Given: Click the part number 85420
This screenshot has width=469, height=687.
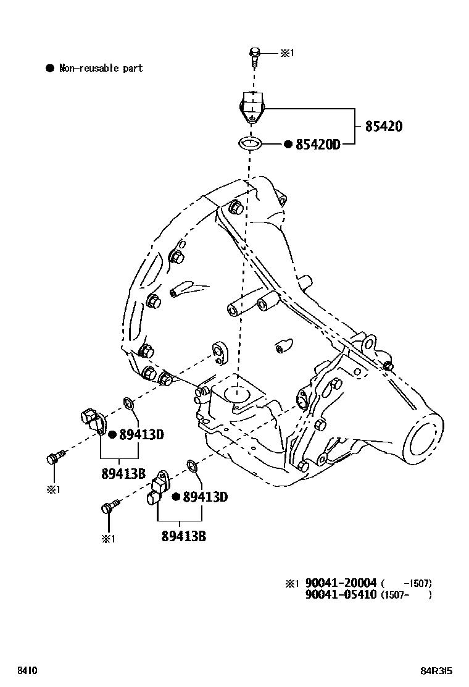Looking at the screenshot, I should [x=383, y=127].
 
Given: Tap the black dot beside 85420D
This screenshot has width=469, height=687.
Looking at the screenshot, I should [x=288, y=144].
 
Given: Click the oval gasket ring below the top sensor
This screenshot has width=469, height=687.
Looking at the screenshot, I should [x=249, y=143].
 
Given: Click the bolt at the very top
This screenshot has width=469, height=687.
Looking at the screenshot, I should [x=254, y=56].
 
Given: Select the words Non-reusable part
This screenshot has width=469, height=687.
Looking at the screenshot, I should [x=101, y=68].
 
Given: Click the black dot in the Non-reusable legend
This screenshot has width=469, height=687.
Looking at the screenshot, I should [x=50, y=68].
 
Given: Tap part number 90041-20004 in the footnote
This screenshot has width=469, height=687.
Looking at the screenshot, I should [x=341, y=583].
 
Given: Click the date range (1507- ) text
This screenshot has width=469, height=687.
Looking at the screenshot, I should [x=405, y=595].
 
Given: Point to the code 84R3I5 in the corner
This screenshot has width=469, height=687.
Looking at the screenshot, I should [x=436, y=670].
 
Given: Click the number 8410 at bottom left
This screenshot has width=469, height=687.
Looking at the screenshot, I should [x=27, y=670].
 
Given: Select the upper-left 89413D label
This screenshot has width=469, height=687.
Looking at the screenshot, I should [x=141, y=434].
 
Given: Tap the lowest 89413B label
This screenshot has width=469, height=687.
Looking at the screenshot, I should [x=184, y=536].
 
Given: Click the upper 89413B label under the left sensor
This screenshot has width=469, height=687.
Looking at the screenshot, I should [x=123, y=474].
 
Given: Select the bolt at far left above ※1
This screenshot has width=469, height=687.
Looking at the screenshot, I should [x=52, y=458].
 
